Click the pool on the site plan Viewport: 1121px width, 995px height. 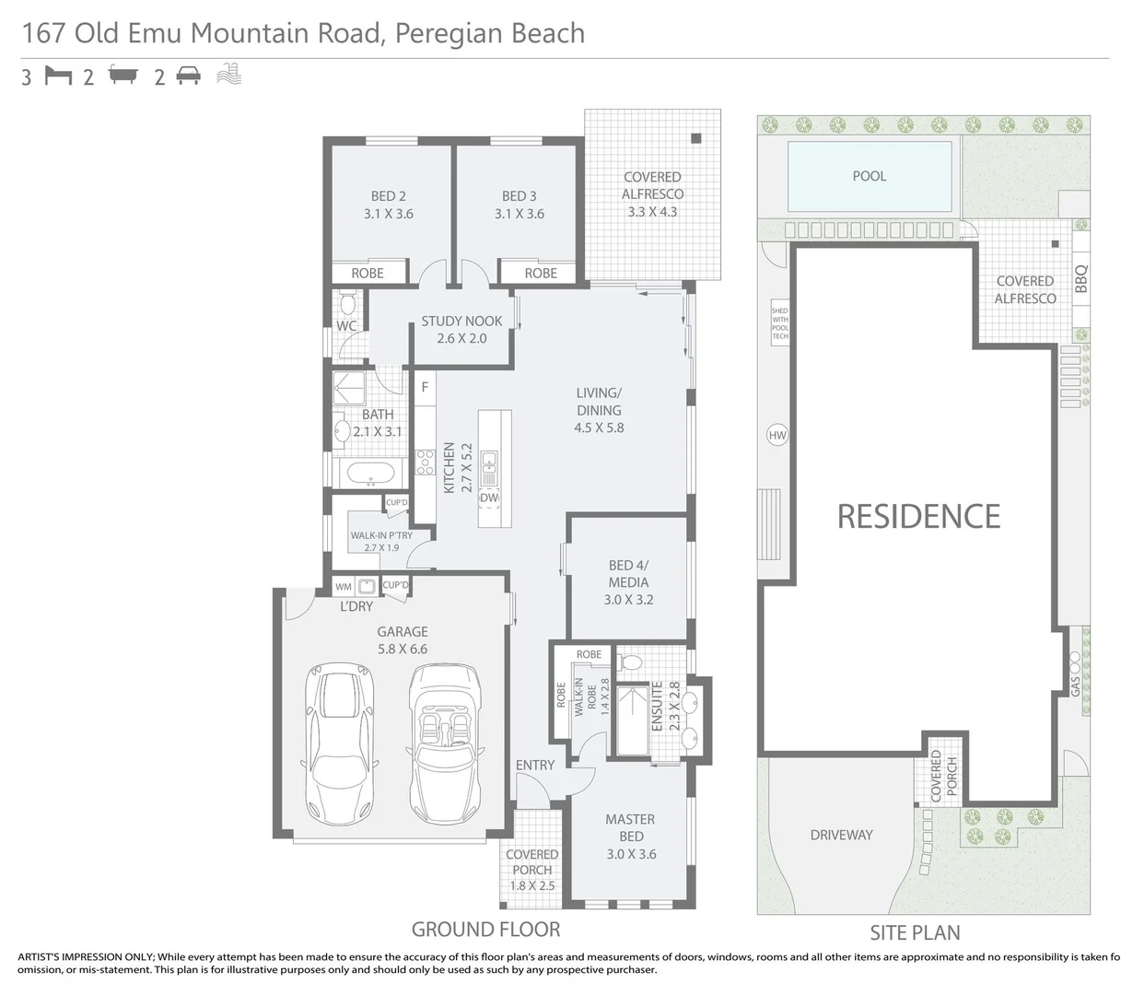pos(870,176)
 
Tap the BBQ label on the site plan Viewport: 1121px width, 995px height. pos(1081,278)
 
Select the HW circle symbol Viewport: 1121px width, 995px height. pos(777,435)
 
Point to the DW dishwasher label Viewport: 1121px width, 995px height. pos(489,497)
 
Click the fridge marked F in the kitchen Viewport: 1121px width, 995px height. pos(425,387)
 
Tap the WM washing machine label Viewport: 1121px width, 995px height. pos(344,586)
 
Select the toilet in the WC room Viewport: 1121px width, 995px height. pos(347,303)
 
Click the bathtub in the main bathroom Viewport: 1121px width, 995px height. pos(369,475)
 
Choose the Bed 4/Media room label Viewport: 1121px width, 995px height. pos(628,581)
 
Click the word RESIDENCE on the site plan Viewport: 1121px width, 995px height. pos(918,516)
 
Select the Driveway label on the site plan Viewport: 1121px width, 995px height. pos(841,835)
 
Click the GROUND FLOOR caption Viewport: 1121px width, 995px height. pos(485,929)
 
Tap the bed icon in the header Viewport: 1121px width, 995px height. pos(58,76)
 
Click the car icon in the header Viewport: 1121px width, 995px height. pos(189,76)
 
